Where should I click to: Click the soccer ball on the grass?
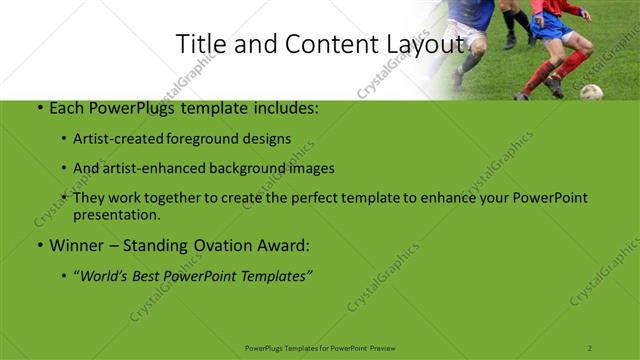(x=591, y=92)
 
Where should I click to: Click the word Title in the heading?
(x=198, y=44)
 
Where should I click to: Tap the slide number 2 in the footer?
(x=590, y=347)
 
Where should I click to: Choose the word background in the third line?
(x=255, y=168)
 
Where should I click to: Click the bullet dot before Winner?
(x=39, y=245)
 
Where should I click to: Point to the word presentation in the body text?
(x=117, y=214)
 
